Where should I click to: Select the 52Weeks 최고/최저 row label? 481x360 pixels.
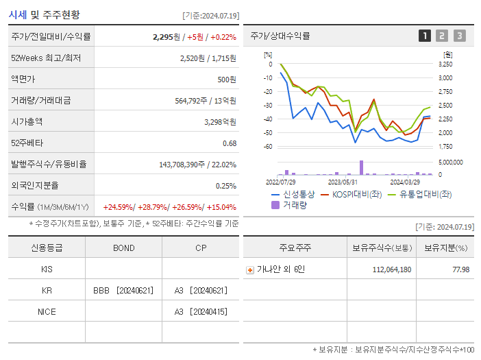pos(46,58)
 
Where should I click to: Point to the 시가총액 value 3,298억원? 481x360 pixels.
pos(220,122)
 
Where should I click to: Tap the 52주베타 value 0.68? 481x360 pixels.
pos(229,143)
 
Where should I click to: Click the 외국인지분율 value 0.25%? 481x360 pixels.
pos(226,186)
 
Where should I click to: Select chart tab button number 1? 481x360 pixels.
pos(425,36)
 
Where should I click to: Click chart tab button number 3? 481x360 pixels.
pos(459,36)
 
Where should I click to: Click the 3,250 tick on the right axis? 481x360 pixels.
pos(445,64)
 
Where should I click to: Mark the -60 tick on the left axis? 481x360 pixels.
pos(268,147)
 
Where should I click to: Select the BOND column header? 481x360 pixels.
pos(123,248)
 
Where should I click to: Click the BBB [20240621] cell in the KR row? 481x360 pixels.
pos(123,291)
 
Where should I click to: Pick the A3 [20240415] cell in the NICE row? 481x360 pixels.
pos(200,312)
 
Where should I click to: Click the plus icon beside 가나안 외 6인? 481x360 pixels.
pos(250,269)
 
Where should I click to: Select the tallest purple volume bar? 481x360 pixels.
pos(361,167)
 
